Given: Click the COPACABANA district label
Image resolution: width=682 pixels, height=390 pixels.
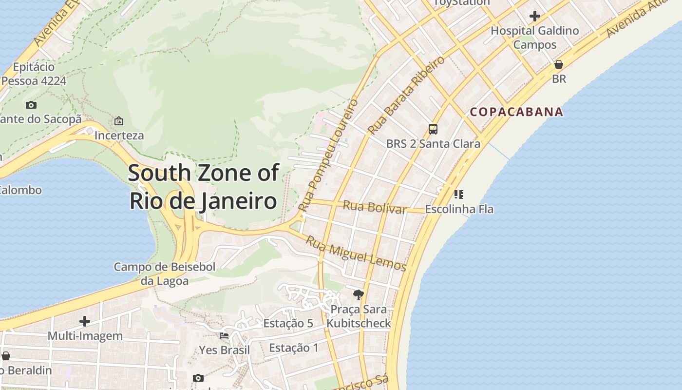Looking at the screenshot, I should coord(516,112).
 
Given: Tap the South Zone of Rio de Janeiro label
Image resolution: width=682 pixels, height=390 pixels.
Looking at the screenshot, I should coord(204,187).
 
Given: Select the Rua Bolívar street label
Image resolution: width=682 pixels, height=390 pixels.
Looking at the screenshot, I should coord(374,207).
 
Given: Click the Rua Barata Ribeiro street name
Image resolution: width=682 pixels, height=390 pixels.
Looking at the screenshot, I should coord(406,96).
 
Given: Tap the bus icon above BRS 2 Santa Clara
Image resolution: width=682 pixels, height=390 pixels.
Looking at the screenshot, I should coord(433,129).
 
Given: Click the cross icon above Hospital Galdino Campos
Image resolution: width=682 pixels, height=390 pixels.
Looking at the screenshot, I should coord(535,16).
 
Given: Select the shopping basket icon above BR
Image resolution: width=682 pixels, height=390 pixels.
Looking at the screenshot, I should coord(559,64).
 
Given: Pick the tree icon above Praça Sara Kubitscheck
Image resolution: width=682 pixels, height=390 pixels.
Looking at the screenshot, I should coord(359,294).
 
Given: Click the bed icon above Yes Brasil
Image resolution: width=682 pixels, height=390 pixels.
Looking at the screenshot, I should coord(224,335).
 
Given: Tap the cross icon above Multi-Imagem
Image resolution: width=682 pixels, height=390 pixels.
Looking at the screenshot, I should coord(85,321).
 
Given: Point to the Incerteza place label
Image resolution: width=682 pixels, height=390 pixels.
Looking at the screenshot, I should coord(119,135).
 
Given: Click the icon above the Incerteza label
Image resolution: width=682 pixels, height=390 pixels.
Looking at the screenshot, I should coord(118,121).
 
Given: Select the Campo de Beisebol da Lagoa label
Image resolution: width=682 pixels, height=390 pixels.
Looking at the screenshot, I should coord(165,273).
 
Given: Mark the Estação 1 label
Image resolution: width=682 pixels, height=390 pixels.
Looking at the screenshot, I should coord(294,348).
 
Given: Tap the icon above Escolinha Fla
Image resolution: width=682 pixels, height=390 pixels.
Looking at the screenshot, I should coord(458,195).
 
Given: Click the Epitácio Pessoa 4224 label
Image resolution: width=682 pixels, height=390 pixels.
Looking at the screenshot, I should coord(34,74).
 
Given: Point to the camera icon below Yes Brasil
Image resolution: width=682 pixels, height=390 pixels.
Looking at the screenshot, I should coord(198,378).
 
